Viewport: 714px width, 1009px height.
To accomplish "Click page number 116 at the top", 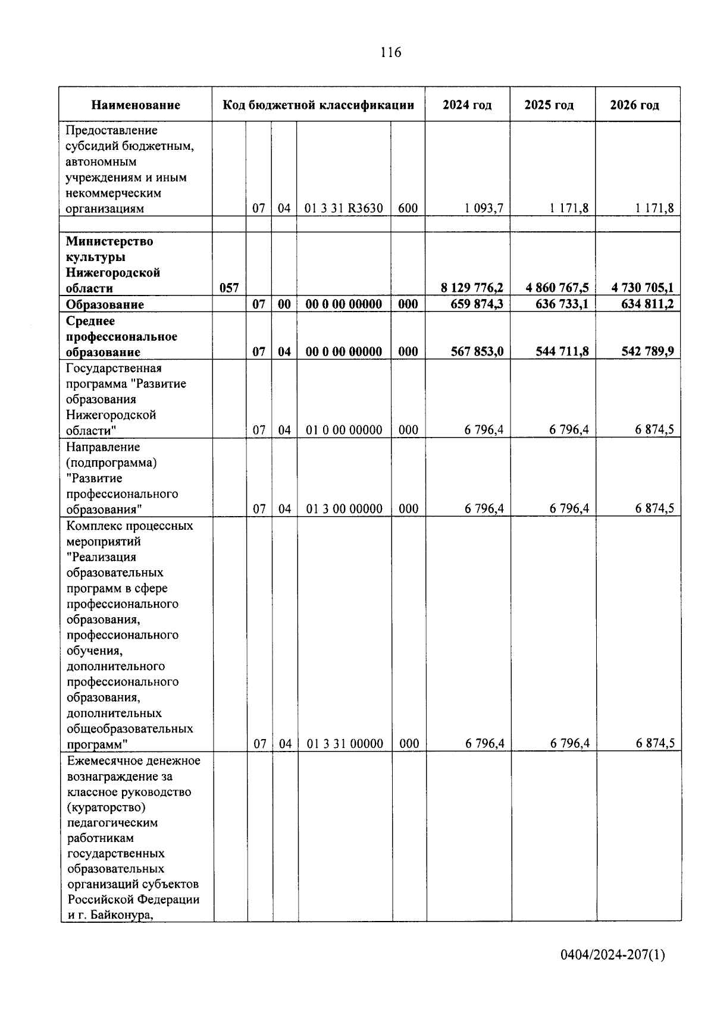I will coord(391,53).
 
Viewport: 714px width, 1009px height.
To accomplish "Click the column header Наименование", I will coord(136,105).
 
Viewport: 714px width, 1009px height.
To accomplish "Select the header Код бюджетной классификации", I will coord(318,105).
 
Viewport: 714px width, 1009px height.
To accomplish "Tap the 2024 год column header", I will coord(467,105).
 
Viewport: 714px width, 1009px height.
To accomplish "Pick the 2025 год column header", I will coord(549,105).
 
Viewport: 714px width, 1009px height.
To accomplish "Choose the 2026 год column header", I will coord(634,105).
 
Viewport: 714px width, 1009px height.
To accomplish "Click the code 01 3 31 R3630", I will coord(344,208).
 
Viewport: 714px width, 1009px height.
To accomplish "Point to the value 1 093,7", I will coord(484,208).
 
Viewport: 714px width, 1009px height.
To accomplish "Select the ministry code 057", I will coord(229,288).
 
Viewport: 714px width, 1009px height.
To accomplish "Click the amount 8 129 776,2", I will coord(472,288).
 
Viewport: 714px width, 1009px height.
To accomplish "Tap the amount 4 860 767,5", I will coord(557,288).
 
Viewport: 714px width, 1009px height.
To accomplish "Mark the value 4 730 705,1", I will coord(643,288).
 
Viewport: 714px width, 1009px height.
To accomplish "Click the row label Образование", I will coord(105,304).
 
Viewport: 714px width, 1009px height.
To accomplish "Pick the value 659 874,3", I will coord(476,304).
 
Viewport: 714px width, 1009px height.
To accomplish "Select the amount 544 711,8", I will coord(561,351).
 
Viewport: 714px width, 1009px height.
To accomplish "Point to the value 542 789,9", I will coord(647,351).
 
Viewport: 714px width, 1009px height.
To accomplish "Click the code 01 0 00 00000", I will coord(344,430).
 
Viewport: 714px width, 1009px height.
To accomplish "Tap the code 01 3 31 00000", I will coord(345,744).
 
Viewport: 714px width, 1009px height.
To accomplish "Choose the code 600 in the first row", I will coord(408,208).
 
